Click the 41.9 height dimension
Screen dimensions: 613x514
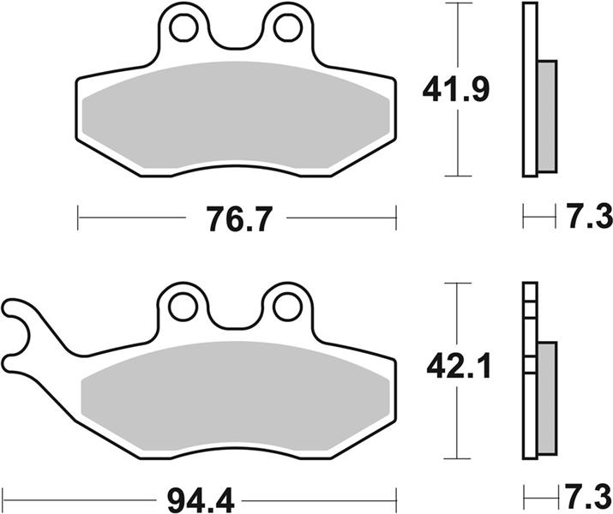(x=456, y=90)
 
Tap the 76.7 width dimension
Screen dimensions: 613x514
(x=239, y=219)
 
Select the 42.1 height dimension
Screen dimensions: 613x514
(x=459, y=368)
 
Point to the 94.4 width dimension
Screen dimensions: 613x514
(x=201, y=500)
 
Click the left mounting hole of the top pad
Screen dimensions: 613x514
(x=183, y=27)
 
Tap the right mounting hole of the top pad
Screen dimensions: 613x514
(x=288, y=27)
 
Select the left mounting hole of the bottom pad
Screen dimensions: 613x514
(x=183, y=308)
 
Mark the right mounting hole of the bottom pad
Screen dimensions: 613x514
(x=288, y=308)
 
